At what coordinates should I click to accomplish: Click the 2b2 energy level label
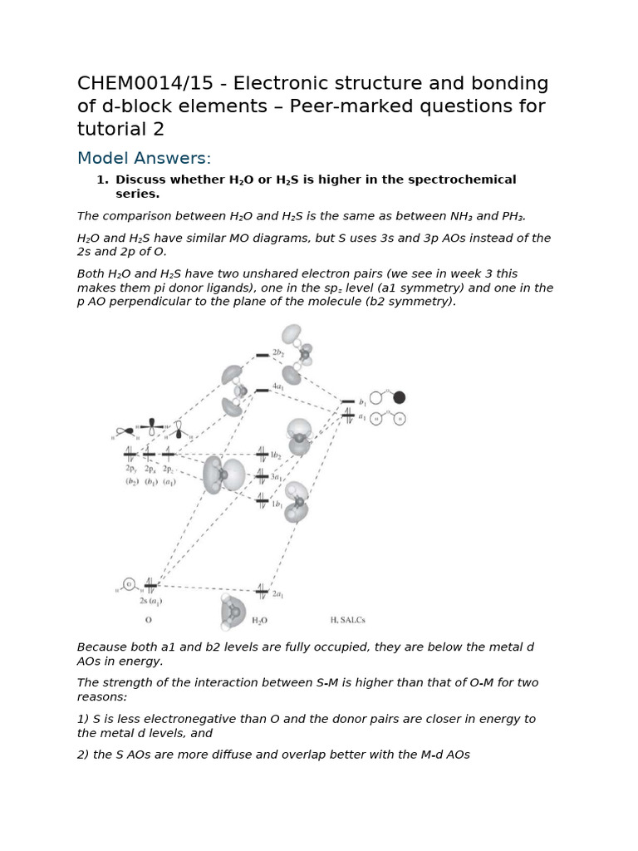[278, 353]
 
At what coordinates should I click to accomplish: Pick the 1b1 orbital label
[277, 504]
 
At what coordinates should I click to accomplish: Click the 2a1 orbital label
[278, 595]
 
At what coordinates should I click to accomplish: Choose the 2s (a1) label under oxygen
[150, 601]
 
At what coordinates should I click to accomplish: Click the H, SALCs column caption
[348, 620]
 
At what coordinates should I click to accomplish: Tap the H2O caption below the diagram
[259, 620]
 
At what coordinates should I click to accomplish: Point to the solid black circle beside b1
[399, 397]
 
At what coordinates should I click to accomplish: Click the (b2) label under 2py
[131, 481]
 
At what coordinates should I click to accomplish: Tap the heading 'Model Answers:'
[144, 158]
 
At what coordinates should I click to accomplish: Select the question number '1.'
[102, 180]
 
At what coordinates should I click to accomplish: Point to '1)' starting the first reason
[84, 719]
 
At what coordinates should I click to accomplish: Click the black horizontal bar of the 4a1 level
[262, 389]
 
